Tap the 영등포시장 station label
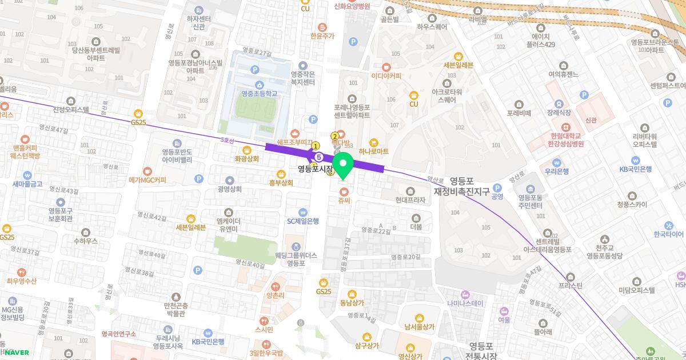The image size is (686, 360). pyautogui.click(x=314, y=169)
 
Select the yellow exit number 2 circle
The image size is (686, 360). pyautogui.click(x=335, y=136)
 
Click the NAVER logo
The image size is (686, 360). pyautogui.click(x=17, y=353)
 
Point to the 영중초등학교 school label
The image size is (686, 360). pyautogui.click(x=259, y=93)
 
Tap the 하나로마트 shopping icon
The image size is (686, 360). pyautogui.click(x=374, y=142)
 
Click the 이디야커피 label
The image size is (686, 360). pyautogui.click(x=386, y=76)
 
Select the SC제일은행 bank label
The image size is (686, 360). pyautogui.click(x=303, y=221)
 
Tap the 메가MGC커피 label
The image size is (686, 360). pyautogui.click(x=147, y=180)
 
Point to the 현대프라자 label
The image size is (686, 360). pyautogui.click(x=410, y=201)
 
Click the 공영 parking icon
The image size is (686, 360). pyautogui.click(x=497, y=188)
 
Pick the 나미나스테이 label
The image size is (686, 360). pyautogui.click(x=466, y=303)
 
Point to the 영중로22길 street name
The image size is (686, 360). pyautogui.click(x=376, y=230)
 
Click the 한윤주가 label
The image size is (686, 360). pyautogui.click(x=322, y=35)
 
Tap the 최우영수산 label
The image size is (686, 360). pyautogui.click(x=22, y=281)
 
